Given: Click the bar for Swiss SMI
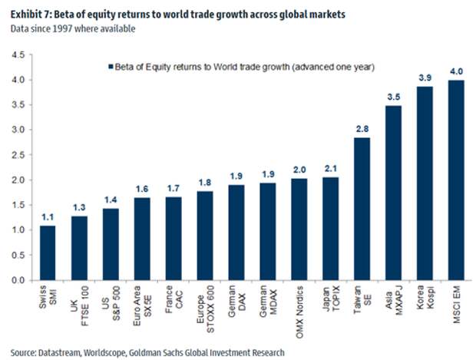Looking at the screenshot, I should point(48,253).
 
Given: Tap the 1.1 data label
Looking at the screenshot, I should point(48,217).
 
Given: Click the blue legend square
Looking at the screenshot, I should point(113,67).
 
